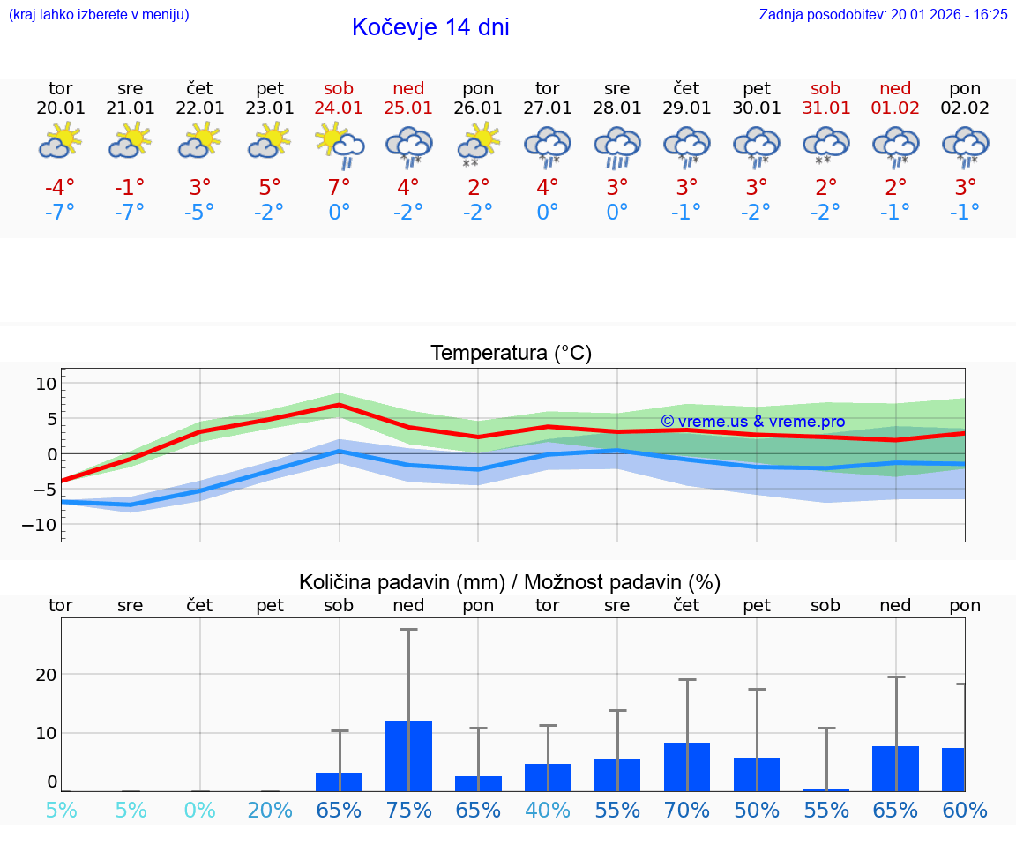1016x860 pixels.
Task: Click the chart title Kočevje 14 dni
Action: point(430,27)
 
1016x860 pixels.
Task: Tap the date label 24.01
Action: point(339,108)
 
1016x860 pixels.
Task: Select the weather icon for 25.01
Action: point(408,146)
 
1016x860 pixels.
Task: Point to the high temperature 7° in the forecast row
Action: point(339,187)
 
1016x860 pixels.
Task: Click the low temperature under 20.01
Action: point(60,213)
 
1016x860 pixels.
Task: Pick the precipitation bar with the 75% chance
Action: point(408,755)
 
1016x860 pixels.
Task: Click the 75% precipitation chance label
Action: point(408,810)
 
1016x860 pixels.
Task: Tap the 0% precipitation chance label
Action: point(200,810)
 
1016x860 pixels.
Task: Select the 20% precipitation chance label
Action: point(270,810)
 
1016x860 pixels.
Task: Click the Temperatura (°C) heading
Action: point(511,354)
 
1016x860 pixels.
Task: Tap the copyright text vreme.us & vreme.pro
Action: point(752,422)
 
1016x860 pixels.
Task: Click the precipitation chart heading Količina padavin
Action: point(509,582)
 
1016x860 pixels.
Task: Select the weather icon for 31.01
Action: point(825,146)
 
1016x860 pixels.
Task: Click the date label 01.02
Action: point(895,108)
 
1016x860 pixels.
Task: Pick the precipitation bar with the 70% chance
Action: point(687,767)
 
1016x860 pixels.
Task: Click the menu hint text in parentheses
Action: point(99,14)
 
